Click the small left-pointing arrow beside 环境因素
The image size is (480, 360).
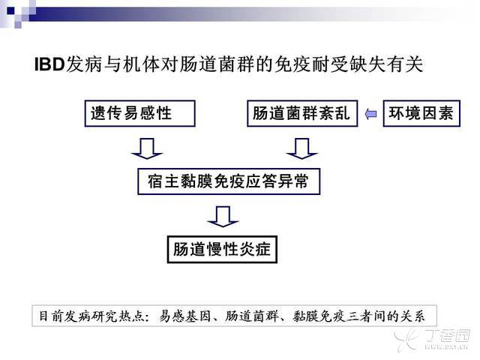370,114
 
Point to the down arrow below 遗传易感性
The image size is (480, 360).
147,148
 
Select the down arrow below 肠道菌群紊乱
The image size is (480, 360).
301,148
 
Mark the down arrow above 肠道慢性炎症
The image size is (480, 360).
223,217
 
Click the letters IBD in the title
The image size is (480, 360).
49,64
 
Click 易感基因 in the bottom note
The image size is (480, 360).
185,316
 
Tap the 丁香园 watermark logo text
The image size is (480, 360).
448,336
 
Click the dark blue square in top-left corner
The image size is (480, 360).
10,10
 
